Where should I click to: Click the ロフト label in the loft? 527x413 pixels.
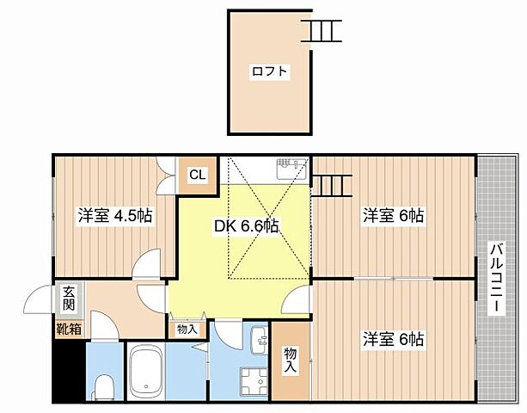269,72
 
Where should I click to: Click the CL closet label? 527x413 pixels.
197,176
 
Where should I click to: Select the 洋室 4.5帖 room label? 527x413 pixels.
115,215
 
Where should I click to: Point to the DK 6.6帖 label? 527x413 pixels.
246,226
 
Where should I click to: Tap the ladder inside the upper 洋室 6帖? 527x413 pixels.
331,185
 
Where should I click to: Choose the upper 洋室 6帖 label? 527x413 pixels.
393,215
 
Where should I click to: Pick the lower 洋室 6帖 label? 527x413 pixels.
393,339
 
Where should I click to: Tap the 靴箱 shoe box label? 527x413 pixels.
69,328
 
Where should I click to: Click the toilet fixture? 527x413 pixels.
103,386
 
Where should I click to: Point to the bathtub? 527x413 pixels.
151,373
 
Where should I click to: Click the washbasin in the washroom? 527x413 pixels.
260,342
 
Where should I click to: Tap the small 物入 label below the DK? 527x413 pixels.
187,329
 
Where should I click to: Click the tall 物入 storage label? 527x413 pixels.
290,361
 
